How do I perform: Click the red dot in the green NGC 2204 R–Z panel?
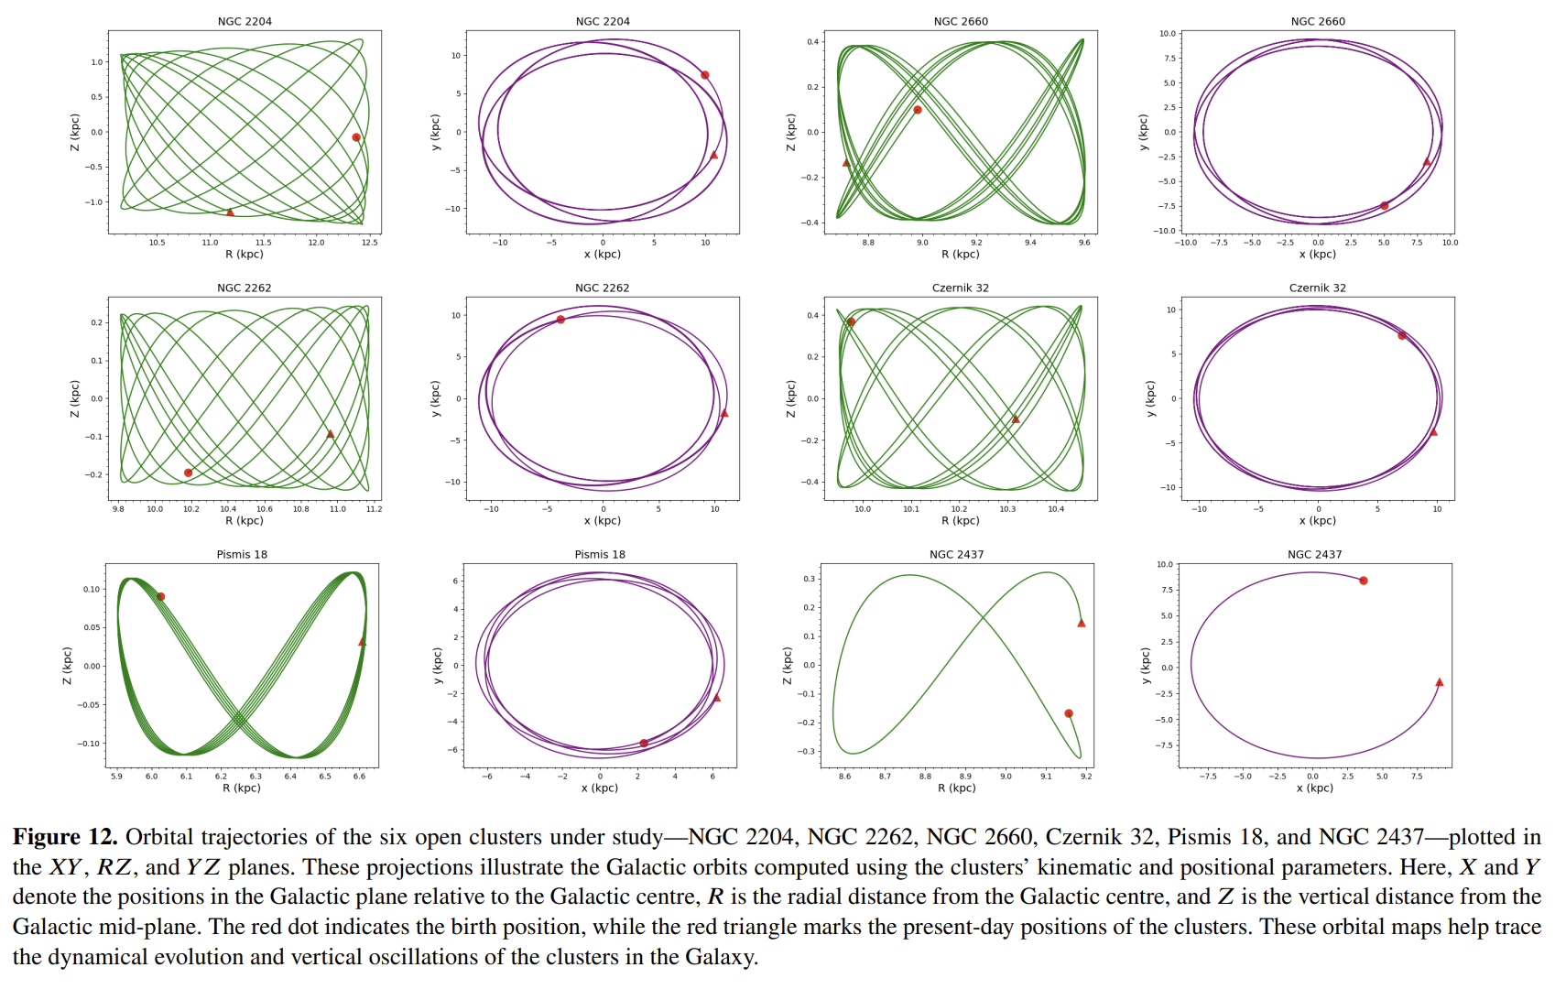point(356,137)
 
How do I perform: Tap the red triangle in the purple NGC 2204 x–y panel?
point(714,155)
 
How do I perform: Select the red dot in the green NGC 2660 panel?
point(918,110)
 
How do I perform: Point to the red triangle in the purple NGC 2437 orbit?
point(1440,682)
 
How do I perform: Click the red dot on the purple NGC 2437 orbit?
point(1364,581)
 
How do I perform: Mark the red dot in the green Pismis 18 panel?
point(161,596)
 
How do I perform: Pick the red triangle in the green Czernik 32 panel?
point(1016,419)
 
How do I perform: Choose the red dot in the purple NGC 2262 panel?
point(560,320)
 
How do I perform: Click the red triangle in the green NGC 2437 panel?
point(1082,624)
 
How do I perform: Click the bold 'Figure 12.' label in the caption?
point(65,837)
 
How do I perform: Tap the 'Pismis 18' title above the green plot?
point(242,554)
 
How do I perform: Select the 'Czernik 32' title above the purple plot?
point(1318,288)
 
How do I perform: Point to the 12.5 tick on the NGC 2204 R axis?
point(369,243)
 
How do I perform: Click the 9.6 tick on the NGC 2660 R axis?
point(1084,243)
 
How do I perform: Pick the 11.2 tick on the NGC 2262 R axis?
point(374,509)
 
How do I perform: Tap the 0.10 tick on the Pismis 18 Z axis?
point(92,590)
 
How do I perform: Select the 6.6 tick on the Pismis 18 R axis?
point(359,777)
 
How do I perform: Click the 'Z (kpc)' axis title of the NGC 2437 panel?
point(788,666)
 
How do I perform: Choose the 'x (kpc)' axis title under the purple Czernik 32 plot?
point(1318,521)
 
